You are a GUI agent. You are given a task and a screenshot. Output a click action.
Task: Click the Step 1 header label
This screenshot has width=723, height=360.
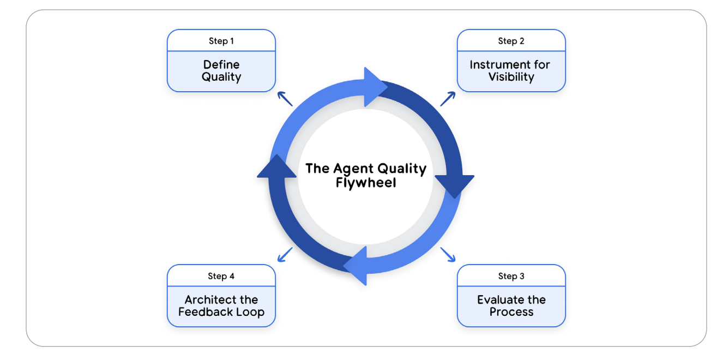[221, 41]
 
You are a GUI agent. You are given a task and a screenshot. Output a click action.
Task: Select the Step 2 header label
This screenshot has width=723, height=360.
[511, 41]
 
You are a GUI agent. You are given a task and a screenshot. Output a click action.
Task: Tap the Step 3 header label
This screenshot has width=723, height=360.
[511, 276]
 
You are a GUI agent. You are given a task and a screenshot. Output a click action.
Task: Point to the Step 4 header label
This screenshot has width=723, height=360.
[221, 276]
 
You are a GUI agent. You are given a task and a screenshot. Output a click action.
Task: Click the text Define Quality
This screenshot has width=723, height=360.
[221, 71]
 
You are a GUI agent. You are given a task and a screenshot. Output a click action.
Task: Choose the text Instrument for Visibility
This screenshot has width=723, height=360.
[511, 71]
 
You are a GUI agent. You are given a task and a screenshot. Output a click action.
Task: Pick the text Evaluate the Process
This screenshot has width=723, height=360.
[511, 306]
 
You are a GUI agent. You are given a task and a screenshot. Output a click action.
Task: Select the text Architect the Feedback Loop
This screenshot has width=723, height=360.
[221, 306]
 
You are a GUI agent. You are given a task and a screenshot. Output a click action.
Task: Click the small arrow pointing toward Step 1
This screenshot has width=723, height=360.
[285, 98]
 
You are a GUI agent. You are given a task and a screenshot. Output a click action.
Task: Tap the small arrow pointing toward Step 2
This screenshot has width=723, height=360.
[448, 98]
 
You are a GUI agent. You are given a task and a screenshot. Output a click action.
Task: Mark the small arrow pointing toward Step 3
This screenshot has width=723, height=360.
[448, 255]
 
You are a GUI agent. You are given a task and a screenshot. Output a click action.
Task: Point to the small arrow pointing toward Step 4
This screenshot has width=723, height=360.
[285, 255]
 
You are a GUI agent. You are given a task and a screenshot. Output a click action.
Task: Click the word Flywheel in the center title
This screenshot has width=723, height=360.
[366, 183]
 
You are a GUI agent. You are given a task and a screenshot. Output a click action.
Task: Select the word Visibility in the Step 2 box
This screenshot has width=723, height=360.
[511, 77]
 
